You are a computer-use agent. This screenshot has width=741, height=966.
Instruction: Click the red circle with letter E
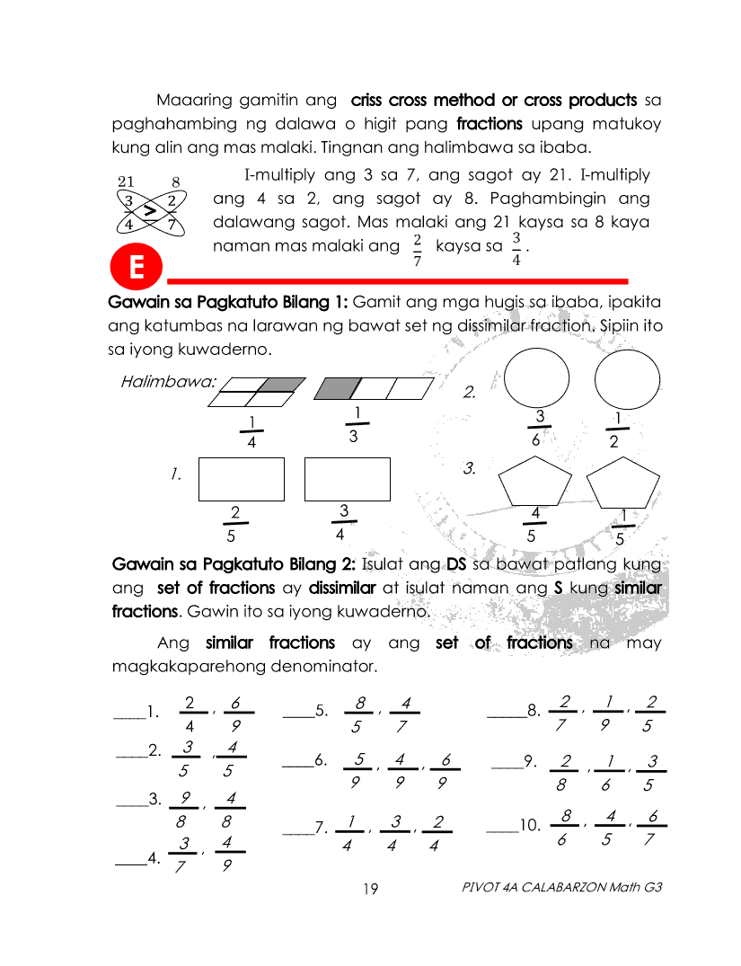(x=137, y=267)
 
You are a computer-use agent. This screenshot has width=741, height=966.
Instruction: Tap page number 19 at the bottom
(x=371, y=890)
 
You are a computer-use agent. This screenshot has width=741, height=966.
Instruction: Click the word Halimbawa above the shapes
(x=168, y=381)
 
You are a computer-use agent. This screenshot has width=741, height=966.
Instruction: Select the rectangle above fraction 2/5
(x=241, y=479)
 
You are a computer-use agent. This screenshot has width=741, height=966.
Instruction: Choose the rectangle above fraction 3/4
(x=347, y=479)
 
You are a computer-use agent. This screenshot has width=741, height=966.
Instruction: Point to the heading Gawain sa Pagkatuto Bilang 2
(x=234, y=564)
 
